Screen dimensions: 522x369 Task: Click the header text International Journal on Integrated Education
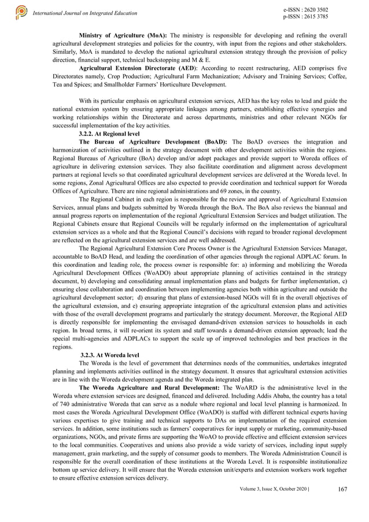[x=85, y=13]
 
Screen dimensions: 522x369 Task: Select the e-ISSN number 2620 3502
[x=315, y=10]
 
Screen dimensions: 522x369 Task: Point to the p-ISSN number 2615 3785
[x=315, y=17]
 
